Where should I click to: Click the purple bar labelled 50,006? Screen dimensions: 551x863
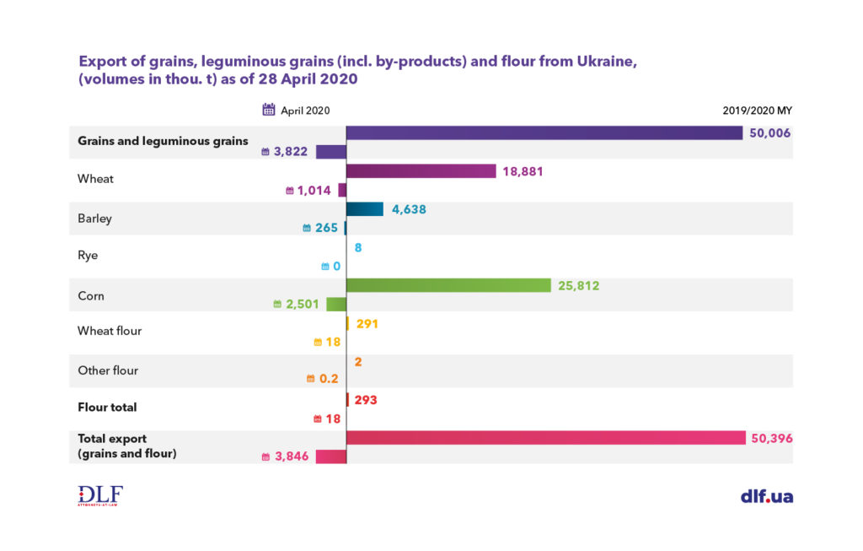pyautogui.click(x=544, y=133)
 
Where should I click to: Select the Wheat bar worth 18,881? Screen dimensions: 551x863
pyautogui.click(x=421, y=171)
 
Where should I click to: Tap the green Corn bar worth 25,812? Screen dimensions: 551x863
pyautogui.click(x=448, y=286)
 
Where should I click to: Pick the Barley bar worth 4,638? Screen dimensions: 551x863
pyautogui.click(x=365, y=210)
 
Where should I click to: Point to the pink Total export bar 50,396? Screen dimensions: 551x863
pyautogui.click(x=545, y=438)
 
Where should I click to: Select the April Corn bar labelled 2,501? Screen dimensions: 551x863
pyautogui.click(x=336, y=304)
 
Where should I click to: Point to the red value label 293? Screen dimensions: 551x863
pyautogui.click(x=364, y=400)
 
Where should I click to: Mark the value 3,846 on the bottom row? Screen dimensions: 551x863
pyautogui.click(x=292, y=456)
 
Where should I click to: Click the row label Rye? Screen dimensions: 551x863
pyautogui.click(x=88, y=255)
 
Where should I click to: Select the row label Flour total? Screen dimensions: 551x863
pyautogui.click(x=107, y=407)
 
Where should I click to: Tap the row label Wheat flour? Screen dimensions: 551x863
pyautogui.click(x=110, y=331)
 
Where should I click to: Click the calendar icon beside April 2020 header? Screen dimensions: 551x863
pyautogui.click(x=269, y=110)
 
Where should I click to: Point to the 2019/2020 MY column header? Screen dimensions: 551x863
pyautogui.click(x=757, y=111)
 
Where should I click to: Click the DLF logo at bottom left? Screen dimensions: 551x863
pyautogui.click(x=100, y=495)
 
